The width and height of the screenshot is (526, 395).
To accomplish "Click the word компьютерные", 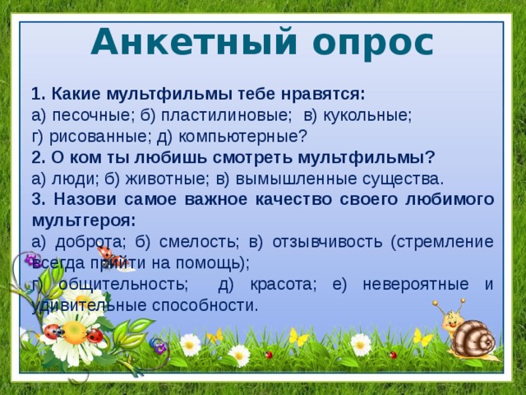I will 250,136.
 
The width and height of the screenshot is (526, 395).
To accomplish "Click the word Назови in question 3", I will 76,200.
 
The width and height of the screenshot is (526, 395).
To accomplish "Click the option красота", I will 279,284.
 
